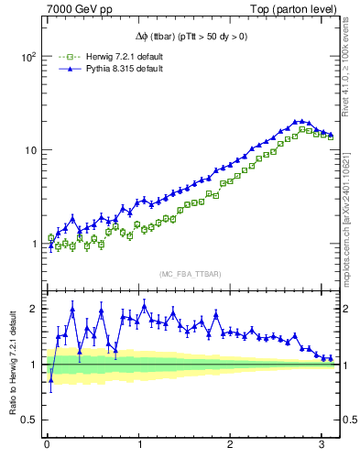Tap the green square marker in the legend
62,57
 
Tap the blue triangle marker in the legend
62,69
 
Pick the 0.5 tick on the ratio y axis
30,420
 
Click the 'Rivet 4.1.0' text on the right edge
351,55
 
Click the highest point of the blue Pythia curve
298,121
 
